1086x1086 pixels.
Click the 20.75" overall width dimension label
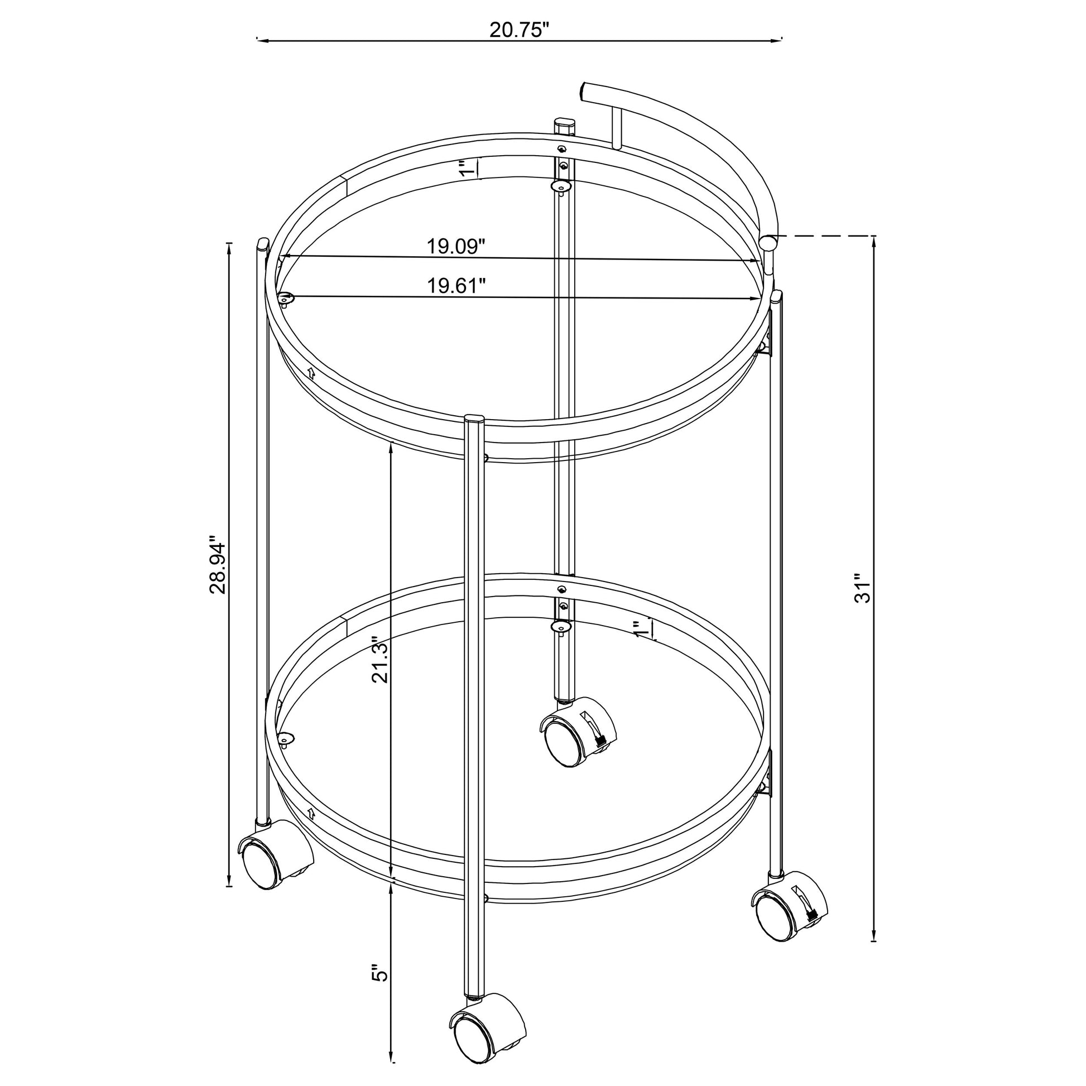[519, 30]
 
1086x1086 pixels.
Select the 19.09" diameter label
[455, 246]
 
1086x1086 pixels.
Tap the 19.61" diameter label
[456, 286]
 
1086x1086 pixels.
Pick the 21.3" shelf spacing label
[381, 660]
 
